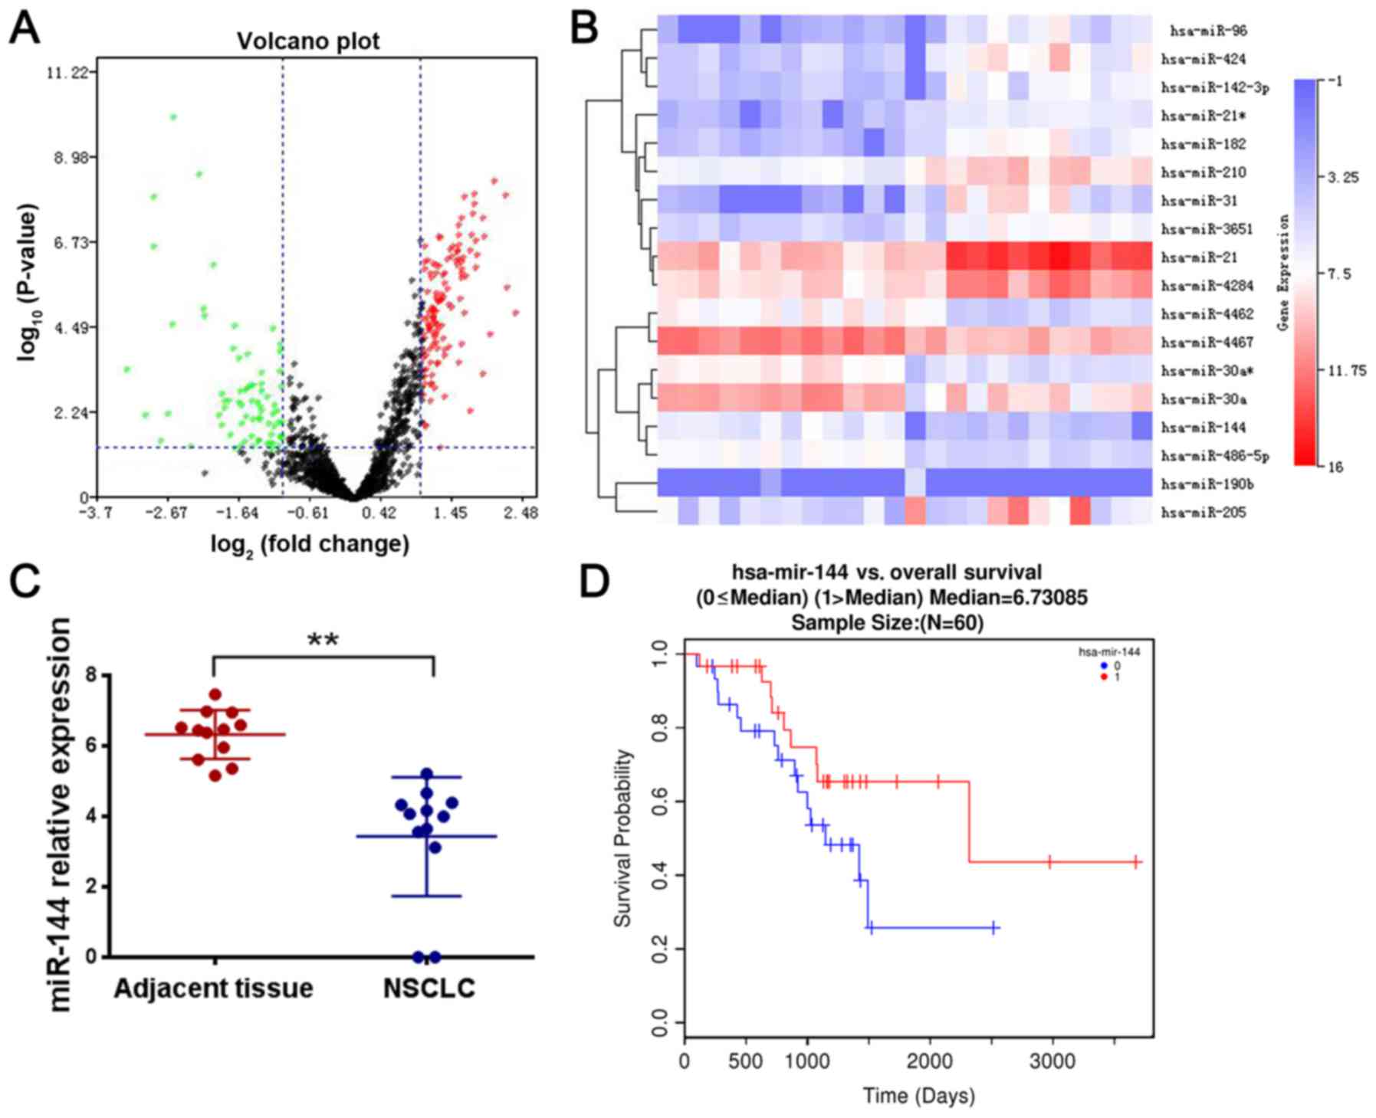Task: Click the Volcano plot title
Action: click(308, 41)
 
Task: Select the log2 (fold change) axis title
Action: click(310, 545)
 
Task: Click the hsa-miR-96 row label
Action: click(1208, 31)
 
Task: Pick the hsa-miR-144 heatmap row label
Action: click(1204, 428)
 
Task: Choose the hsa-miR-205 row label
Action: click(1204, 513)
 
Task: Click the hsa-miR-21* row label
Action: click(1204, 116)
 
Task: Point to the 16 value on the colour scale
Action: click(1335, 467)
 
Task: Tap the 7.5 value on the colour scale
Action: click(1340, 274)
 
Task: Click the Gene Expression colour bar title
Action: click(1283, 273)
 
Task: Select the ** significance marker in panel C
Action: click(323, 640)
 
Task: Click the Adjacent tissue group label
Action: click(214, 988)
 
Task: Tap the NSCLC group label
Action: click(429, 988)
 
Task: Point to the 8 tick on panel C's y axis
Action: click(92, 676)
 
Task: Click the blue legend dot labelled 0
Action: click(1104, 666)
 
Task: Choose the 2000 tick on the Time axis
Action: click(929, 1061)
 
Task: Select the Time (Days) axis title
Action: click(919, 1096)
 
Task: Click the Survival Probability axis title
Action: click(624, 838)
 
